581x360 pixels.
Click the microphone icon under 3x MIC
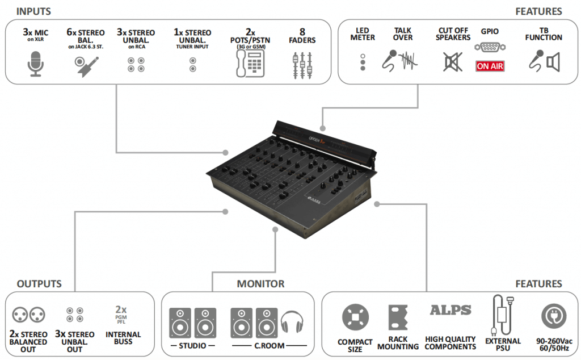[36, 64]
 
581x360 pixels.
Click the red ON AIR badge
[490, 66]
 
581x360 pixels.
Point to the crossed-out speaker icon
[452, 61]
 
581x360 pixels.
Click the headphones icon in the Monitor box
[292, 324]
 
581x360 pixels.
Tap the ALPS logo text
[451, 310]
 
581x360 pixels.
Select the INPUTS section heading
[33, 11]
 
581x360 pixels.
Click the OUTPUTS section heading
[39, 284]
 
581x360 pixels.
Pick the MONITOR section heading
[260, 284]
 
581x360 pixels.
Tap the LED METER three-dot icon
[363, 62]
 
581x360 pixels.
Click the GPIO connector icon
[490, 48]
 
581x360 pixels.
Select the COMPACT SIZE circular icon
[355, 318]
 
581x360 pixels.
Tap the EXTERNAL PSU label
[503, 345]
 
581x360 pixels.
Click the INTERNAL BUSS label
[123, 338]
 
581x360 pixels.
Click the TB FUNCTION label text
[544, 34]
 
